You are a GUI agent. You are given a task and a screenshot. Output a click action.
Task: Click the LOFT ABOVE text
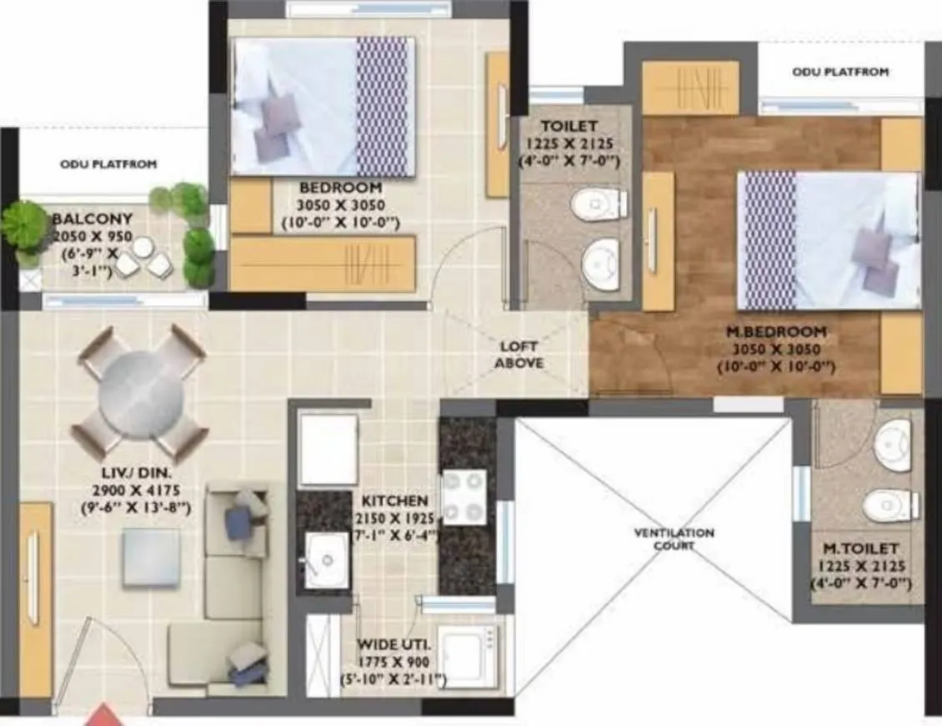pyautogui.click(x=519, y=355)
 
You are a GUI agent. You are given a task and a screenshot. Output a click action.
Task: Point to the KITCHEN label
pyautogui.click(x=394, y=501)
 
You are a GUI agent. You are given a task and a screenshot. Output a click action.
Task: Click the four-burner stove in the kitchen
pyautogui.click(x=464, y=497)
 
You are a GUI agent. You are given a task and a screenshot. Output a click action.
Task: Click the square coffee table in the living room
pyautogui.click(x=151, y=557)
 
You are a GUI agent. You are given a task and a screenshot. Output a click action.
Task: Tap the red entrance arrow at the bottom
pyautogui.click(x=106, y=715)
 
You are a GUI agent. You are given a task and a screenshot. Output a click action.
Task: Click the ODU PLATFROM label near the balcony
pyautogui.click(x=108, y=164)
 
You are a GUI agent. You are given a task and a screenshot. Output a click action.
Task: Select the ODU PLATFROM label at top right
pyautogui.click(x=840, y=73)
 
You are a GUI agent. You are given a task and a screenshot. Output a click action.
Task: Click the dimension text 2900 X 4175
pyautogui.click(x=140, y=491)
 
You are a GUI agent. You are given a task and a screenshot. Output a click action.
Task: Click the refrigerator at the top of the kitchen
pyautogui.click(x=328, y=449)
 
